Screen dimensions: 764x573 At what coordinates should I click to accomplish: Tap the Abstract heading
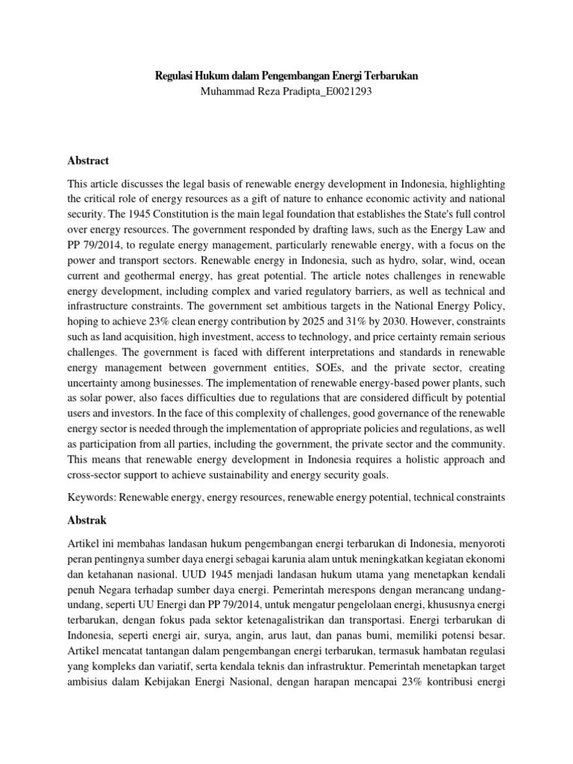(x=88, y=160)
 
